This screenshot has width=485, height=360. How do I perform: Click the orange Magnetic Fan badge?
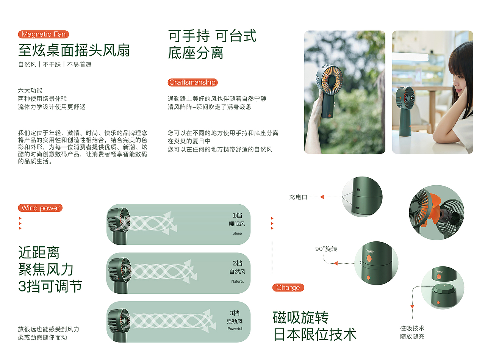tap(44, 34)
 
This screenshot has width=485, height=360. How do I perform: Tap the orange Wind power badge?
tap(40, 208)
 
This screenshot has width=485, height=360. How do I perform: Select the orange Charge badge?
tap(288, 288)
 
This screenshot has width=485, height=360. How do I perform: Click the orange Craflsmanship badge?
tap(192, 83)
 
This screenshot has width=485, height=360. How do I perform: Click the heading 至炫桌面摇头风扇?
tap(74, 50)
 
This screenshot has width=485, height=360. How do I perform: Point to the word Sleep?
tap(237, 233)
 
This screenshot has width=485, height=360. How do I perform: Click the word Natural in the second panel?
tap(238, 282)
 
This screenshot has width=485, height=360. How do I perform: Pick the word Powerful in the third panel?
tap(235, 329)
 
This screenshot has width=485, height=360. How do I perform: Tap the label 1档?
tap(238, 215)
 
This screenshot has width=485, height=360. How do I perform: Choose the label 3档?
tap(235, 313)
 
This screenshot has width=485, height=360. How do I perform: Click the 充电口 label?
tap(298, 197)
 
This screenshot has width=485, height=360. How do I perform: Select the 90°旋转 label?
tap(326, 249)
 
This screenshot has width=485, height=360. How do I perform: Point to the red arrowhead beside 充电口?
tap(322, 197)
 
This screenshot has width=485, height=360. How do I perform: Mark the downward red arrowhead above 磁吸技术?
tap(412, 306)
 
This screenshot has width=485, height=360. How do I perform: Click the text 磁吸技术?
tap(412, 328)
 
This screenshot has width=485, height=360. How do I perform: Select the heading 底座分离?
tap(196, 53)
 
